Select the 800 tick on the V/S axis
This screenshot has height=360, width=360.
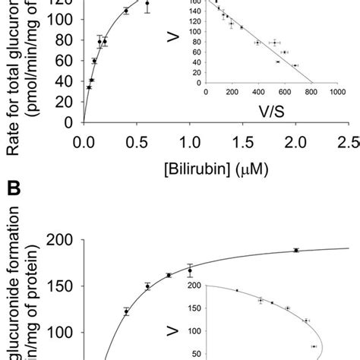(x=311, y=91)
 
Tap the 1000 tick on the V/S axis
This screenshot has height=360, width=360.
(x=335, y=91)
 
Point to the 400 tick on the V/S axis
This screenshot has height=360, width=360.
(x=258, y=91)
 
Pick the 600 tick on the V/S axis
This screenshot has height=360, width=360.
(x=285, y=91)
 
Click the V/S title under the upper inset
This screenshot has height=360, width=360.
(x=272, y=111)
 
